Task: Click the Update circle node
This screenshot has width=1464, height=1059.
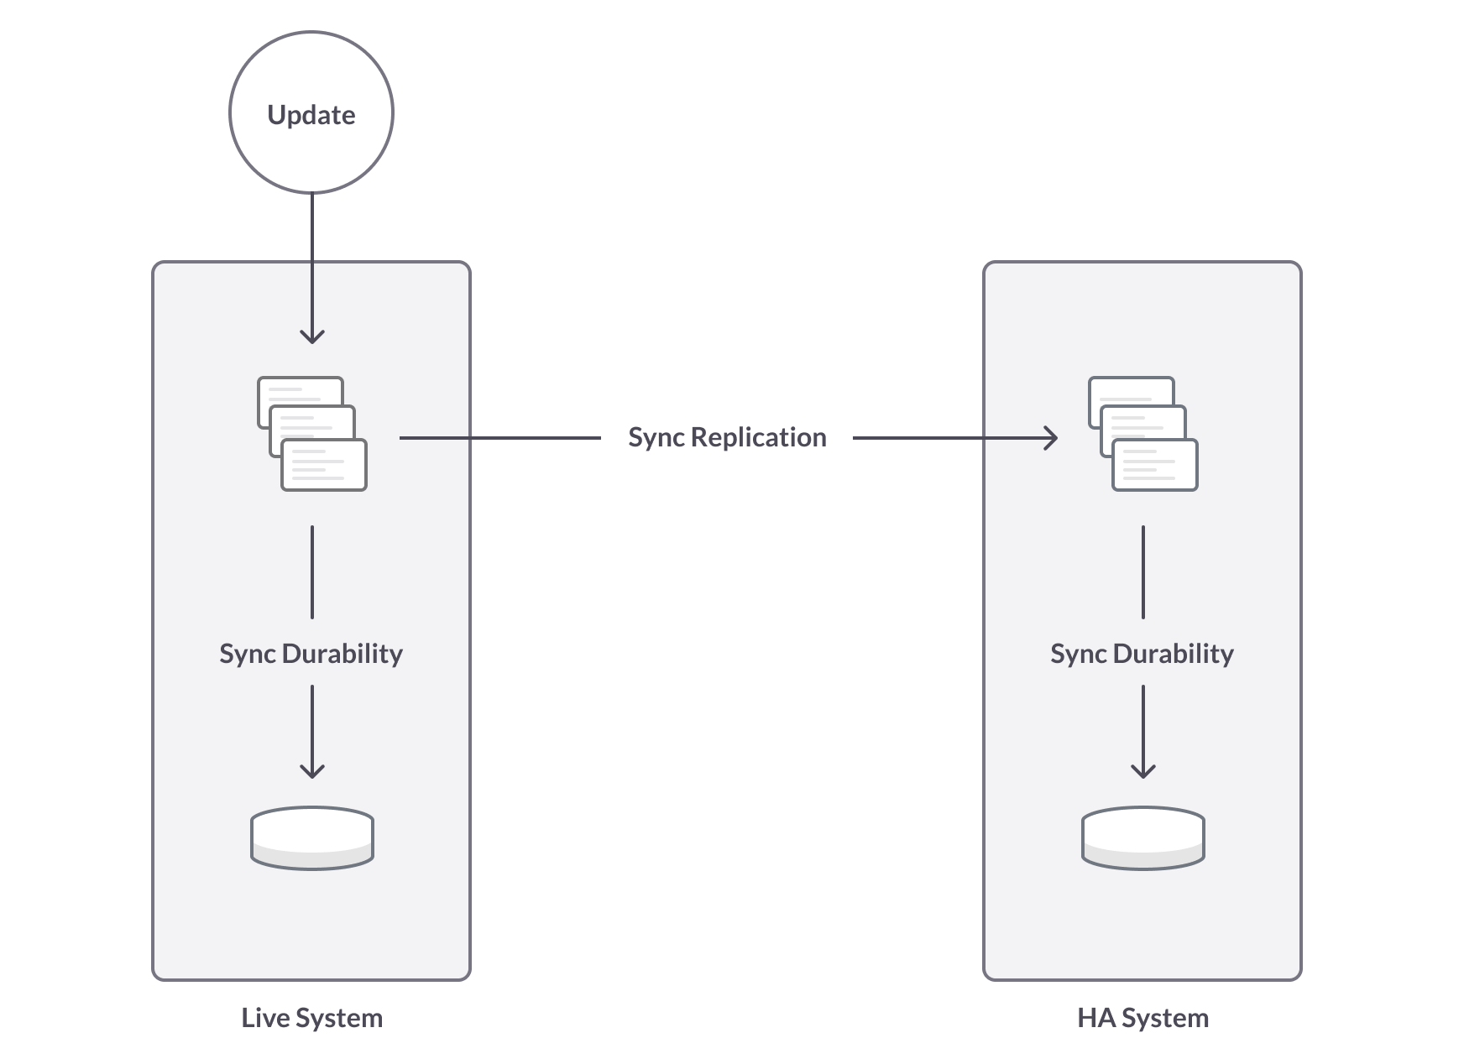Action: (x=311, y=113)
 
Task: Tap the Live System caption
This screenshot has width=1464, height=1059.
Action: (x=311, y=1018)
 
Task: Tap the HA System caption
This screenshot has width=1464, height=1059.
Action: (x=1142, y=1018)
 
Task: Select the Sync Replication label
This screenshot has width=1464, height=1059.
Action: (x=727, y=437)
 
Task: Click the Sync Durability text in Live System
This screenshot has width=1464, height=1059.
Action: (x=311, y=654)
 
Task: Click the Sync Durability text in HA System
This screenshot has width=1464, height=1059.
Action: (x=1142, y=654)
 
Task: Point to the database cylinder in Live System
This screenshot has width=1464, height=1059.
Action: (x=311, y=837)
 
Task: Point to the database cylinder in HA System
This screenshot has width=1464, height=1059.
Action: (x=1142, y=837)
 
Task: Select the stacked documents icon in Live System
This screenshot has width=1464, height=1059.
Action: (x=311, y=434)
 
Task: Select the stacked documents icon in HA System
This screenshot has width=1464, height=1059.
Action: (x=1142, y=434)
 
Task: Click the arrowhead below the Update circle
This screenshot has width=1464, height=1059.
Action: (x=311, y=336)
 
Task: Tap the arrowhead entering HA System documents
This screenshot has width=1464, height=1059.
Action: (x=1052, y=437)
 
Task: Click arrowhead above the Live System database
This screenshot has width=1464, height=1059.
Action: (x=311, y=770)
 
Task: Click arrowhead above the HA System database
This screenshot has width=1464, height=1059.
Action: (x=1142, y=770)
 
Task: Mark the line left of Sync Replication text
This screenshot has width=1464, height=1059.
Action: (x=499, y=437)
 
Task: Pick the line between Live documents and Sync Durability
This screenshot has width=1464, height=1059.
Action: (x=311, y=572)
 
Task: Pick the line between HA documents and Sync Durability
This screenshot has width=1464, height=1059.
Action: (x=1142, y=572)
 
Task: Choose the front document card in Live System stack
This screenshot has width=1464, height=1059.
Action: (x=324, y=466)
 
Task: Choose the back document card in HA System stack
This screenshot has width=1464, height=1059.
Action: (x=1131, y=389)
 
